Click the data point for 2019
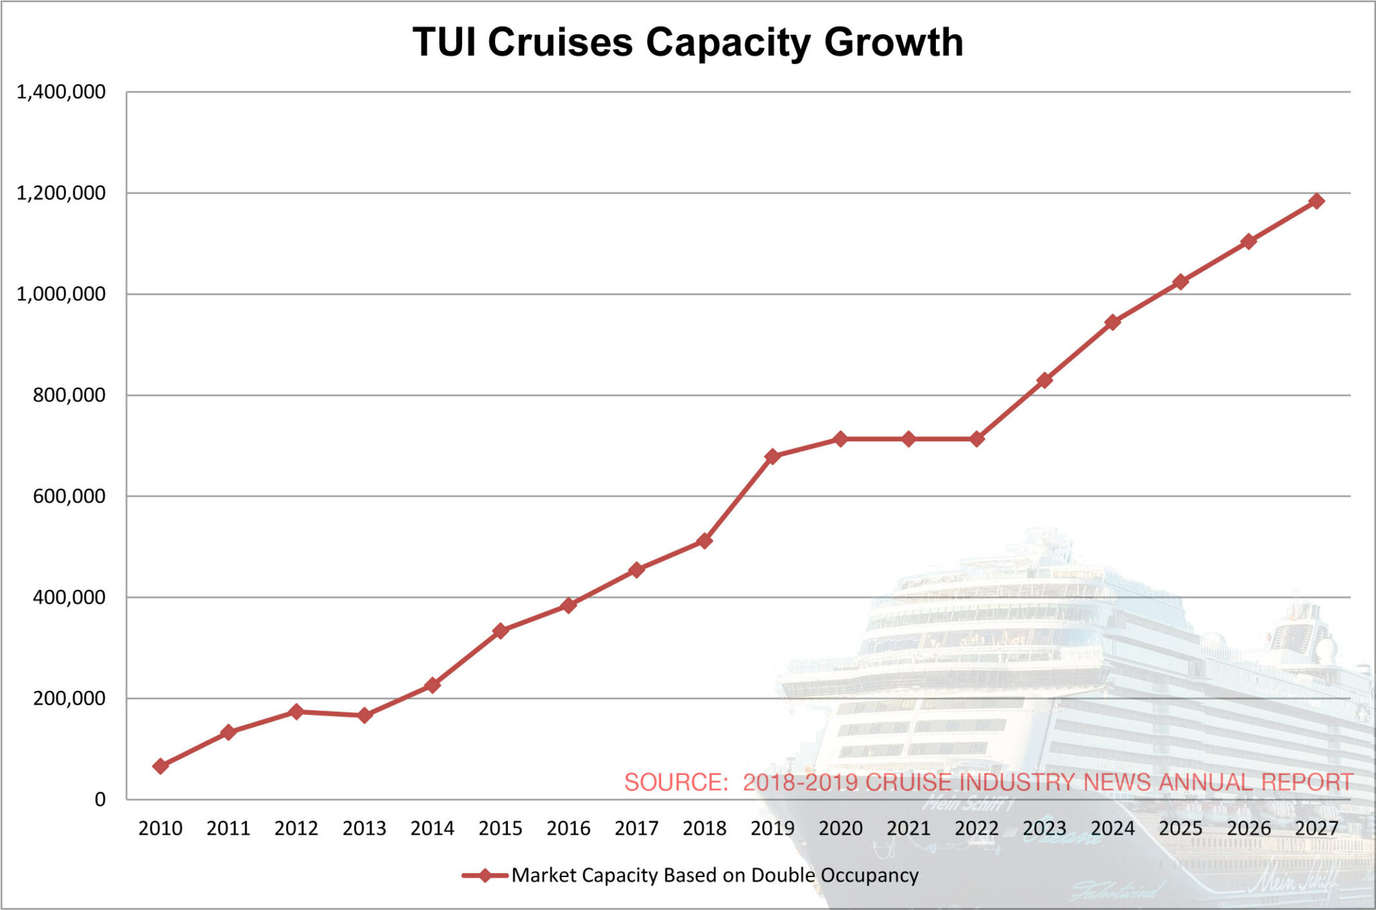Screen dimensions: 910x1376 pos(772,456)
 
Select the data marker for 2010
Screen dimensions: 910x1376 pos(161,766)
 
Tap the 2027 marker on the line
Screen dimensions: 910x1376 pos(1316,201)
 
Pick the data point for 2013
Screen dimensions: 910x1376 pos(365,716)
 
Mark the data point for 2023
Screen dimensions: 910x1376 pos(1044,380)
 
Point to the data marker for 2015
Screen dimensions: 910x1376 pos(501,631)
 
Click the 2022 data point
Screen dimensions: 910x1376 pos(976,439)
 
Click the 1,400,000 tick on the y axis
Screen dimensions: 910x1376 pos(61,92)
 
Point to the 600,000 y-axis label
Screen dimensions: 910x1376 pos(69,497)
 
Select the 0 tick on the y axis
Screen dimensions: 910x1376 pos(100,800)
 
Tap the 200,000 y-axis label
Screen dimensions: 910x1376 pos(69,699)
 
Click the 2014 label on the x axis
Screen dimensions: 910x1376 pos(432,829)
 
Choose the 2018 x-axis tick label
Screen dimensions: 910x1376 pos(704,829)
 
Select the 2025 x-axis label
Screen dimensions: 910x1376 pos(1180,829)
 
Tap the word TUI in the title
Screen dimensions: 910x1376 pos(444,42)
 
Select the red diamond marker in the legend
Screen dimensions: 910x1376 pos(484,875)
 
